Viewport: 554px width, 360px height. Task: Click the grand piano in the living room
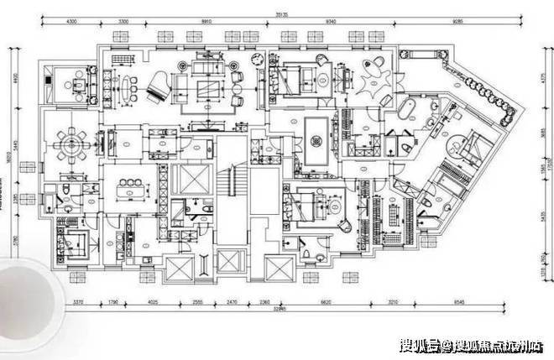[160, 84]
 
